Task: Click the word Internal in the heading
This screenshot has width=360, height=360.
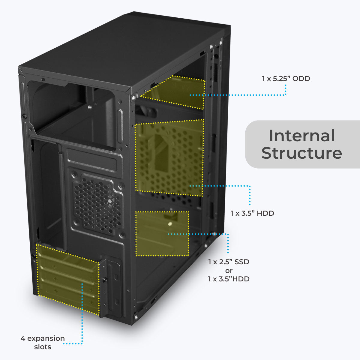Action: (x=301, y=136)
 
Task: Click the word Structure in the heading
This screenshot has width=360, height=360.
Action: (x=301, y=153)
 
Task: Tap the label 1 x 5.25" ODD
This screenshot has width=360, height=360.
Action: (x=286, y=79)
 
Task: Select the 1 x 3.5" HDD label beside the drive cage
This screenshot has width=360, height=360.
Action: (x=252, y=213)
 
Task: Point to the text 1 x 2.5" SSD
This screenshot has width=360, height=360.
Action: (x=229, y=262)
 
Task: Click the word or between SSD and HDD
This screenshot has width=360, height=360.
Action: (x=229, y=271)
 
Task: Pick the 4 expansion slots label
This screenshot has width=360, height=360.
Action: (x=43, y=342)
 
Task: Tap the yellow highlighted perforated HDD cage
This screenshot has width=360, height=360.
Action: (x=169, y=157)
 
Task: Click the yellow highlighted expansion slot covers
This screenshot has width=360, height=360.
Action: (x=67, y=277)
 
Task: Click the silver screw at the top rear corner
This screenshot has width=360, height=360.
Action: (x=133, y=97)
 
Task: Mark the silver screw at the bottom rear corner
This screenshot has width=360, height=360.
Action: (x=136, y=316)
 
